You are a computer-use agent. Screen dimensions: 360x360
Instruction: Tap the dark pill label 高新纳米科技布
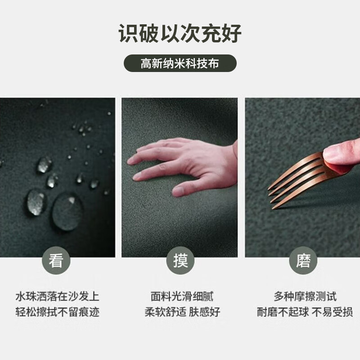[x=180, y=63]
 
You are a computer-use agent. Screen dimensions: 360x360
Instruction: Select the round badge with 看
[x=56, y=261]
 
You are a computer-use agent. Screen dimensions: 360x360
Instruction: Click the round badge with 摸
[x=180, y=261]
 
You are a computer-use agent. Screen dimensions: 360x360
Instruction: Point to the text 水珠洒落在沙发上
[x=57, y=297]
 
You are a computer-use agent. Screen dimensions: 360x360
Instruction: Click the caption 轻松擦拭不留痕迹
[x=57, y=312]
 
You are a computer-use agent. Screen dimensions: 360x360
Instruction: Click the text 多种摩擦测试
[x=305, y=297]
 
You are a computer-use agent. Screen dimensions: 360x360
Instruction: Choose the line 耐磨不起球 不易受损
[x=305, y=312]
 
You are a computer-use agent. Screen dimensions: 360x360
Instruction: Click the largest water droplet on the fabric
[x=67, y=212]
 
